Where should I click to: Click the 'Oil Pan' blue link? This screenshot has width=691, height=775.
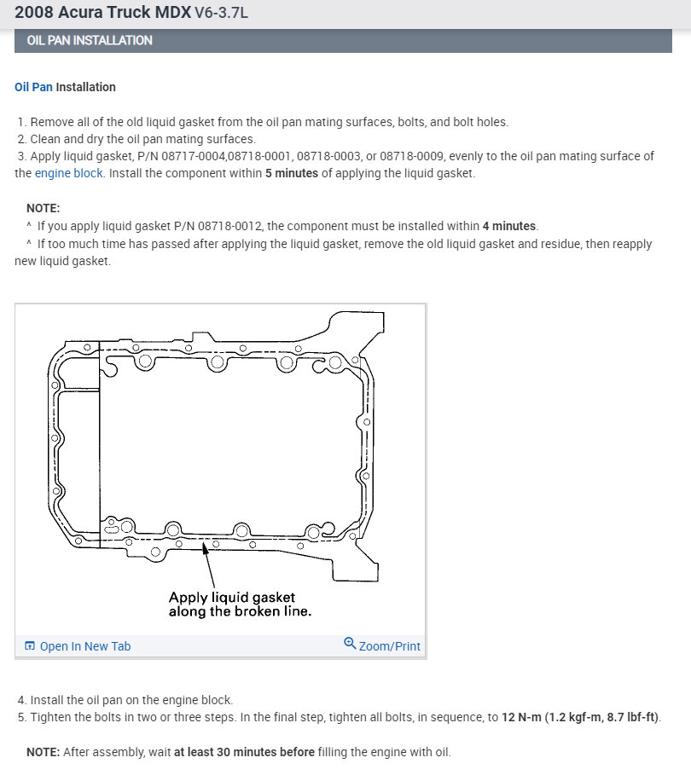click(x=33, y=87)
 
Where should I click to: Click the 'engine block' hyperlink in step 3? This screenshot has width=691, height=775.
click(x=69, y=173)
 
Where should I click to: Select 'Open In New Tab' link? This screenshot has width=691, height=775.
click(x=84, y=646)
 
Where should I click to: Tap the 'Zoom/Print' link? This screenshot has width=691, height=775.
click(x=389, y=646)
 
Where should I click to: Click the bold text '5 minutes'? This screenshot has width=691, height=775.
click(x=292, y=173)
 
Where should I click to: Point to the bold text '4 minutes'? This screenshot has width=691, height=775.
click(x=508, y=226)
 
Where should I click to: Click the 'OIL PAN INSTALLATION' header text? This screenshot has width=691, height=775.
click(x=90, y=40)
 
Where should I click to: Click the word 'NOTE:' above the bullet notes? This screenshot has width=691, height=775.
click(x=44, y=208)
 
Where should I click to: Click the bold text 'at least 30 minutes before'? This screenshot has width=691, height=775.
click(x=245, y=752)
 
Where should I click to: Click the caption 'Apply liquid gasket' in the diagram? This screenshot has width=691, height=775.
click(x=231, y=598)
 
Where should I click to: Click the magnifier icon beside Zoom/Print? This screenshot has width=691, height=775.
click(x=349, y=644)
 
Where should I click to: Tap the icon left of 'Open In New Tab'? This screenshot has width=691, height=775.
click(x=30, y=646)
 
